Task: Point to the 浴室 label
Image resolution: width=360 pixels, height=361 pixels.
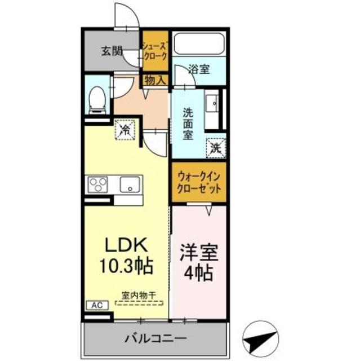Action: [x=199, y=70]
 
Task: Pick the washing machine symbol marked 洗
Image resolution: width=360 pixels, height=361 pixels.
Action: [x=215, y=148]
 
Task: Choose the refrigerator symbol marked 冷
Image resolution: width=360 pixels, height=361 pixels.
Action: [x=126, y=130]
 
